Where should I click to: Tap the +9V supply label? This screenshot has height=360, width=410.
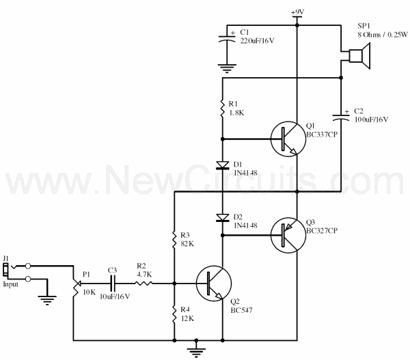pyautogui.click(x=297, y=12)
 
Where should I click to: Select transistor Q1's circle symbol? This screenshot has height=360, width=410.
pyautogui.click(x=288, y=139)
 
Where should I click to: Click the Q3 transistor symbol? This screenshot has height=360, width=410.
pyautogui.click(x=288, y=235)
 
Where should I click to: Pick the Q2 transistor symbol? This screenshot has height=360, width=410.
pyautogui.click(x=214, y=283)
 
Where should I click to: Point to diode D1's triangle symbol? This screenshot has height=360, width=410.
pyautogui.click(x=223, y=165)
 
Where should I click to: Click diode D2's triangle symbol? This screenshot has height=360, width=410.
pyautogui.click(x=223, y=218)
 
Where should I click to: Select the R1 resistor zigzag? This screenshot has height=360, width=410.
pyautogui.click(x=223, y=108)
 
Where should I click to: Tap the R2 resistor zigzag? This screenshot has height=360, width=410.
pyautogui.click(x=143, y=283)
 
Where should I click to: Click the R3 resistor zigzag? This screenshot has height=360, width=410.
pyautogui.click(x=174, y=240)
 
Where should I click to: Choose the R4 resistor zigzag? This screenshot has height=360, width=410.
pyautogui.click(x=174, y=314)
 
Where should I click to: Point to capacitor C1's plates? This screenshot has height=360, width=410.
pyautogui.click(x=227, y=39)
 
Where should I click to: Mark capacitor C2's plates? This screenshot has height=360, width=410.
pyautogui.click(x=341, y=117)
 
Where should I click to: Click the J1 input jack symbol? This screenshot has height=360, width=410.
pyautogui.click(x=5, y=270)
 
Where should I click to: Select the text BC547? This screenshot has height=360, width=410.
pyautogui.click(x=241, y=310)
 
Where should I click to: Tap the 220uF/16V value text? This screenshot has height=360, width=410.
pyautogui.click(x=258, y=41)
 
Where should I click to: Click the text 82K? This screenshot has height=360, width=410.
pyautogui.click(x=187, y=244)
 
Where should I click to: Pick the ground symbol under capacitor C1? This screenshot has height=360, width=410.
pyautogui.click(x=227, y=68)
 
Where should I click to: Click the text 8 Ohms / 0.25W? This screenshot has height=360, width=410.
pyautogui.click(x=383, y=35)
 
